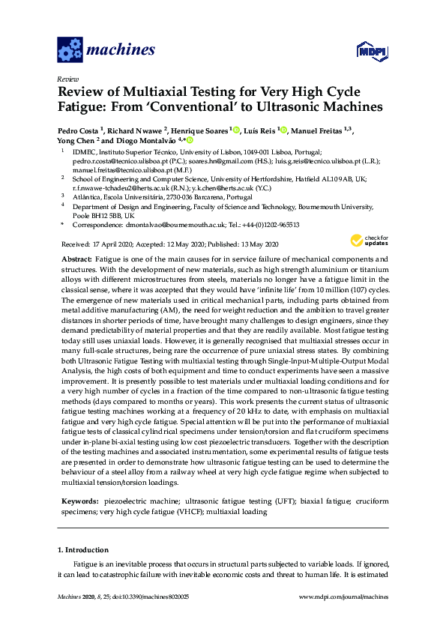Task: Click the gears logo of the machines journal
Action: tap(70, 51)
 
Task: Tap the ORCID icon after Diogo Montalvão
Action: tap(190, 140)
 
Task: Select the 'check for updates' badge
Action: tap(368, 241)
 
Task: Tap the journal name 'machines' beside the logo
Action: tap(121, 50)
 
